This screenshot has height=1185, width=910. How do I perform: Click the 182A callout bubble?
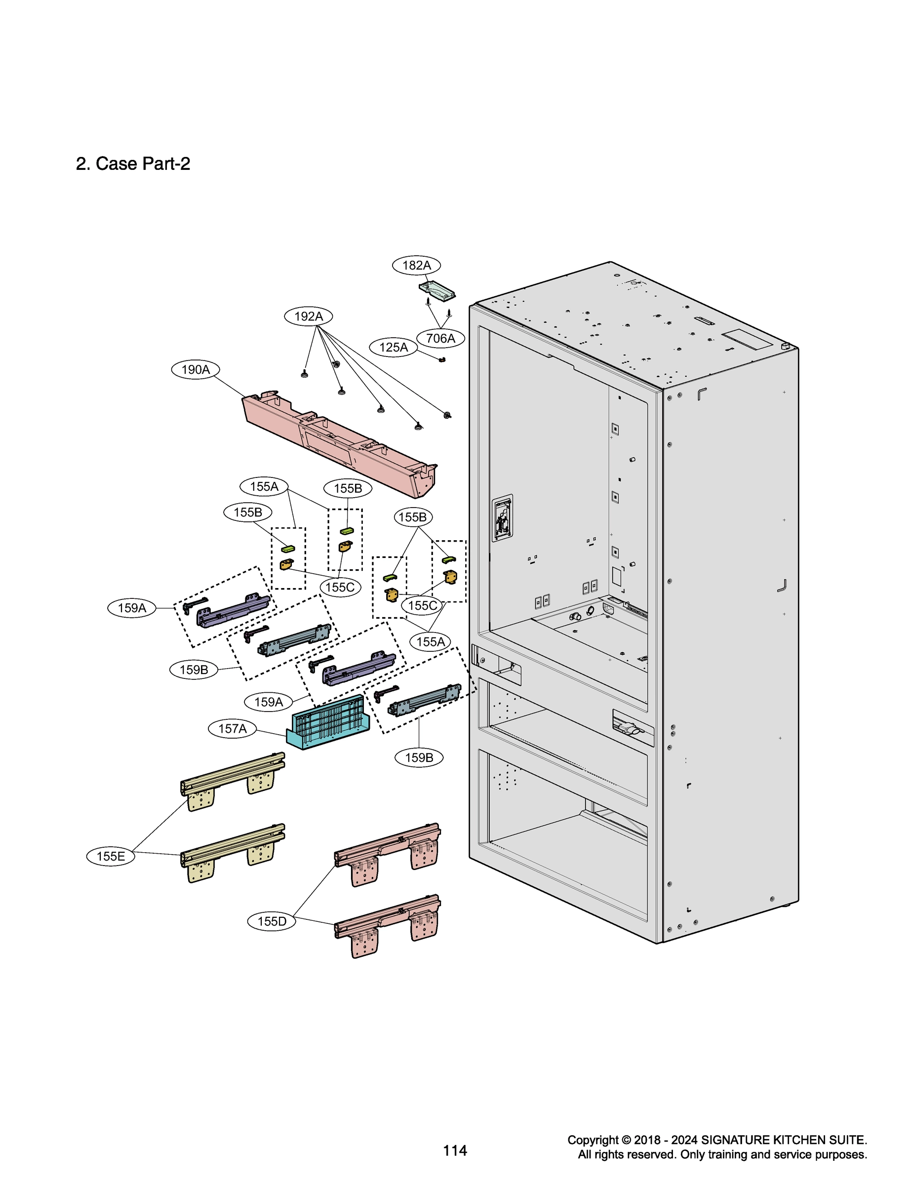[416, 265]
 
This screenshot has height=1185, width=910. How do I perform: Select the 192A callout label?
[308, 316]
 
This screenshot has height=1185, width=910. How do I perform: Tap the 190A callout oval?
[196, 369]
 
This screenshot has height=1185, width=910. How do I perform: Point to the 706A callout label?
[440, 339]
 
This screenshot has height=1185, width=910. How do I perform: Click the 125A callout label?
[393, 347]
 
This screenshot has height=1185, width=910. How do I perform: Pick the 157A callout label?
[233, 728]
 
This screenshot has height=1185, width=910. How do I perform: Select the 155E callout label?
[111, 856]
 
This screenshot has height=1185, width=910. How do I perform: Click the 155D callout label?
[272, 921]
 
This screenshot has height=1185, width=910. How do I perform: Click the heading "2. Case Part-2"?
[133, 163]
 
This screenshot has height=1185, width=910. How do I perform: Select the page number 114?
[455, 1150]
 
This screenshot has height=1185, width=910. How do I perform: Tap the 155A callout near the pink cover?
[264, 486]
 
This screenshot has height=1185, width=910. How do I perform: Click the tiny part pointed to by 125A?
[442, 359]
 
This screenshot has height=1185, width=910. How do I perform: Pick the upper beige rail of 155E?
[233, 780]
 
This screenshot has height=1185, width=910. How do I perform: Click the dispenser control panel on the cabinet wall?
[502, 518]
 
